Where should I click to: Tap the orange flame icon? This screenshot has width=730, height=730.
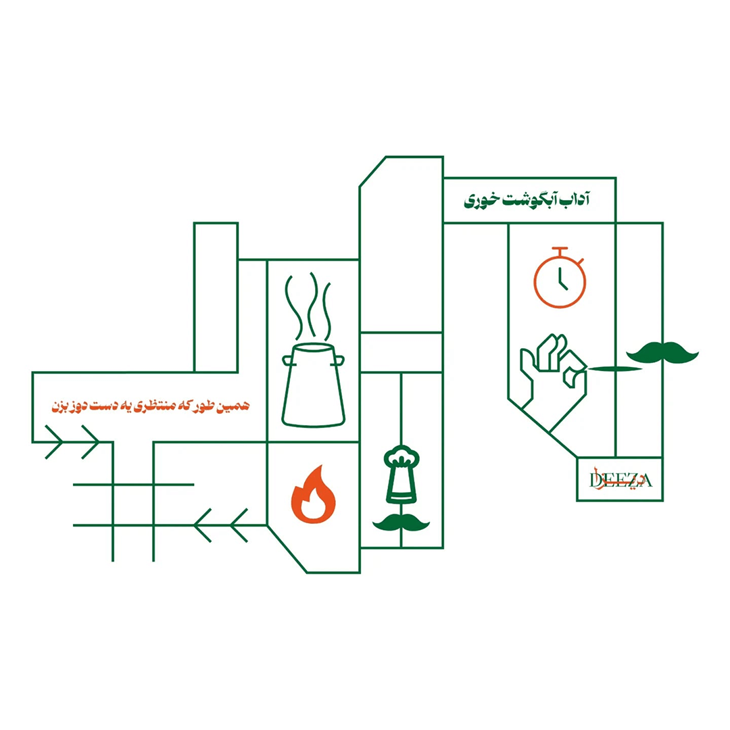click(x=313, y=495)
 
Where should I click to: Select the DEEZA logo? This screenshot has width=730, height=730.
click(x=620, y=480)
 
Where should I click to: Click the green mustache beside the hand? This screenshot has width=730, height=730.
click(x=662, y=353)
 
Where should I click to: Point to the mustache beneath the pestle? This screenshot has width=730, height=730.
click(x=401, y=522)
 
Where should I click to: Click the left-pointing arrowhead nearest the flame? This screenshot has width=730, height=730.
click(x=239, y=525)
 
